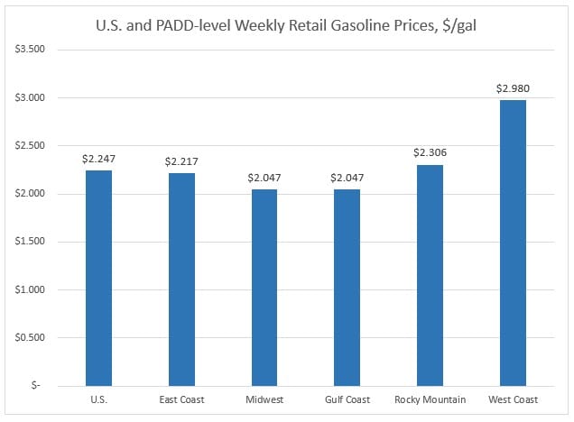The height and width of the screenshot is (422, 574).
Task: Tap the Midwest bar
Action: coord(264,288)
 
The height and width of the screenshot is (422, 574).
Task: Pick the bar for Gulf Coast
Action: coord(347,288)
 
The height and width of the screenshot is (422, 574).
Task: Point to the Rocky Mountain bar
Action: coord(430,275)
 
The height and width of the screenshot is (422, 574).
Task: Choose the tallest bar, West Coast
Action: coord(513,243)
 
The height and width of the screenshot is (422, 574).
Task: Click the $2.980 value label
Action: coord(513,88)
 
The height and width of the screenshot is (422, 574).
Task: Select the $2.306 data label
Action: coord(430,153)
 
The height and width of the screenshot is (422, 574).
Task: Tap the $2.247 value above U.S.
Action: coord(98,159)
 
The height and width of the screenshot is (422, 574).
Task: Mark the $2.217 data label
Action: coord(181,161)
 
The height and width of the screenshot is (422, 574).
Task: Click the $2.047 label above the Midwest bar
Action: coord(264,178)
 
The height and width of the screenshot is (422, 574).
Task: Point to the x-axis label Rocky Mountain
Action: coord(430,399)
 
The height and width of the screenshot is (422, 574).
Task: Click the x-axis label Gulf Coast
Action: coord(347,399)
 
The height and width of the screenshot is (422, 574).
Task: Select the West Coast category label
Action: coord(513,399)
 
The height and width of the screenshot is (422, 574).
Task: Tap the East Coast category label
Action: coord(181,399)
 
